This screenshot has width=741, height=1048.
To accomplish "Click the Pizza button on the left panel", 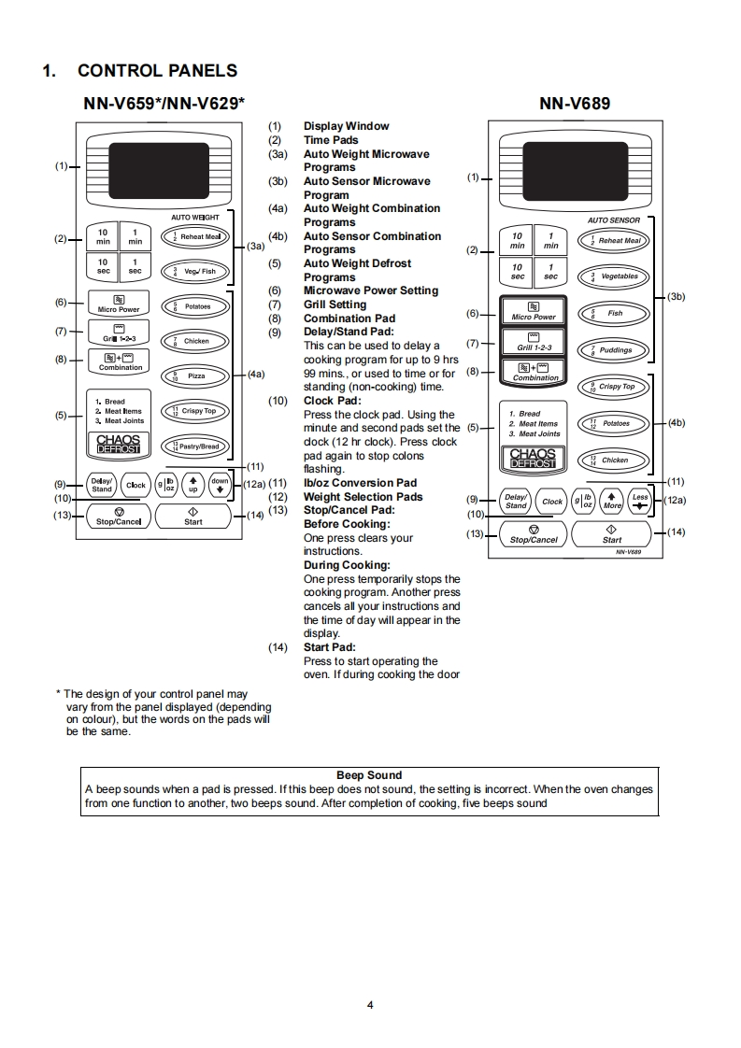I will [x=195, y=375].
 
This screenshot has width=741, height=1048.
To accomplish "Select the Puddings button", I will [x=613, y=350].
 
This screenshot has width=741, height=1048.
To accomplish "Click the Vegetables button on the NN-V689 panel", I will [x=613, y=276].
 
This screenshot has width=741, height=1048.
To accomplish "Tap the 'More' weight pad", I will [x=612, y=501].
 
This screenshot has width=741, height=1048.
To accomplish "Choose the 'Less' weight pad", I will [x=640, y=501].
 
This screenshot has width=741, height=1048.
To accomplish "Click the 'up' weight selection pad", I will [x=193, y=485].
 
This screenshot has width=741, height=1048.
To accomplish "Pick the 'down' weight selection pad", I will [x=220, y=485].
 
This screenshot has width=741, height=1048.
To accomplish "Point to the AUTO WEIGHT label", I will [x=194, y=218].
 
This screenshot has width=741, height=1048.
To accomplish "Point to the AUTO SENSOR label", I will [x=613, y=220].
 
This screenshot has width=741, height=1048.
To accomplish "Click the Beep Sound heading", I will [x=369, y=775].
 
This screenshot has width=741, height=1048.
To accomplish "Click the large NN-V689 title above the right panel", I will [x=575, y=103].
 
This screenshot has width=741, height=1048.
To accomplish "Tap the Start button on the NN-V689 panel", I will [x=612, y=535].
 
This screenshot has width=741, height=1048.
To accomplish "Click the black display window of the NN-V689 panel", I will [x=575, y=169].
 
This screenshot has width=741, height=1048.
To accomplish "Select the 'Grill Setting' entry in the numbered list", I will [x=335, y=304].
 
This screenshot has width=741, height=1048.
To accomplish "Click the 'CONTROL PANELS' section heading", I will [x=157, y=71].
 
